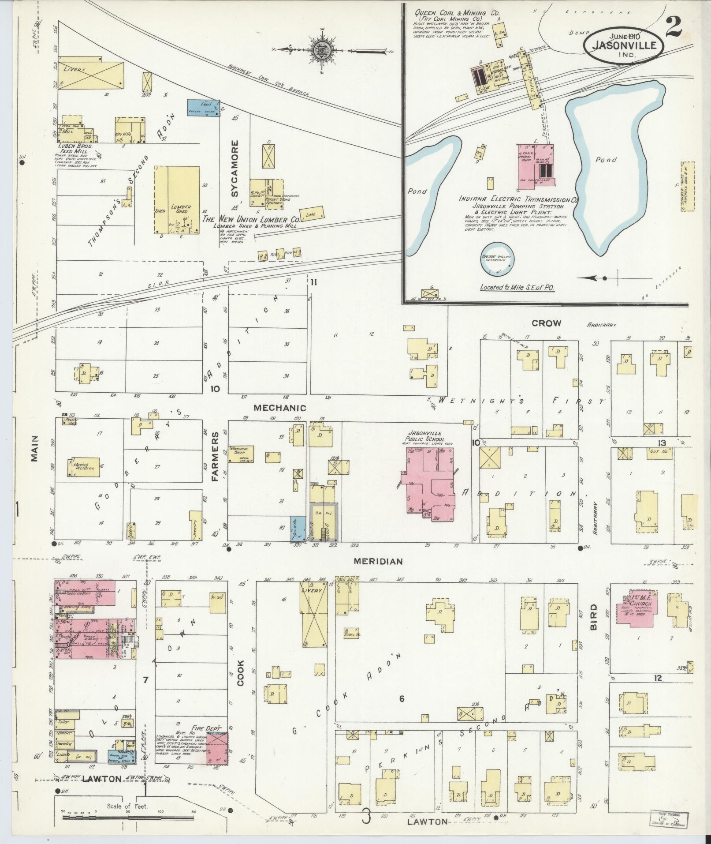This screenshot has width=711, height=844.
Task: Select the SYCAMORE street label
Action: coord(235,169)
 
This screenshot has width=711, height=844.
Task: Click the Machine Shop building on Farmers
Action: coord(240,453)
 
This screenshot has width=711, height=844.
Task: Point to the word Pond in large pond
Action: coord(606,160)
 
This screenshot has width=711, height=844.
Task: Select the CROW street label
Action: coord(546,323)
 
